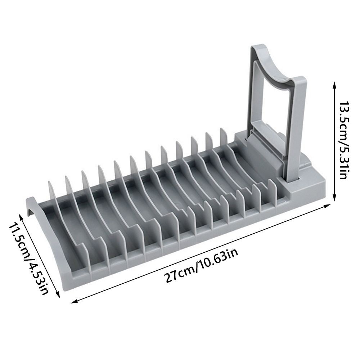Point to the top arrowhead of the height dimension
334,86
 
